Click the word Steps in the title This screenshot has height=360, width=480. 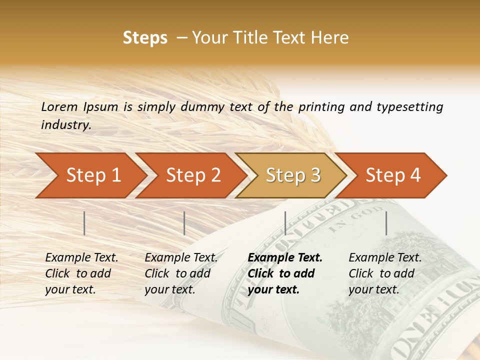145,38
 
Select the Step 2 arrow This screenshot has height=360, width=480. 193,175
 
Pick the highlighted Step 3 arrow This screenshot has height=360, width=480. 293,175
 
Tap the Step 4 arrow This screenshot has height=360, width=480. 393,175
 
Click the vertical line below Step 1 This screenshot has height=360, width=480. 84,223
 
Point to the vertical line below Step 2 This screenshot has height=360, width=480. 184,223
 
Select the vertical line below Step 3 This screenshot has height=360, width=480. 285,223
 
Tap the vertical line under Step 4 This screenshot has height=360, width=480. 386,223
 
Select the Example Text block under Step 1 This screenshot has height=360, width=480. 81,273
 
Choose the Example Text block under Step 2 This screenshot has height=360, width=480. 181,273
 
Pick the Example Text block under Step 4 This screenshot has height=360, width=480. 385,273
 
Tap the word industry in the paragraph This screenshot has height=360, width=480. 65,125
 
